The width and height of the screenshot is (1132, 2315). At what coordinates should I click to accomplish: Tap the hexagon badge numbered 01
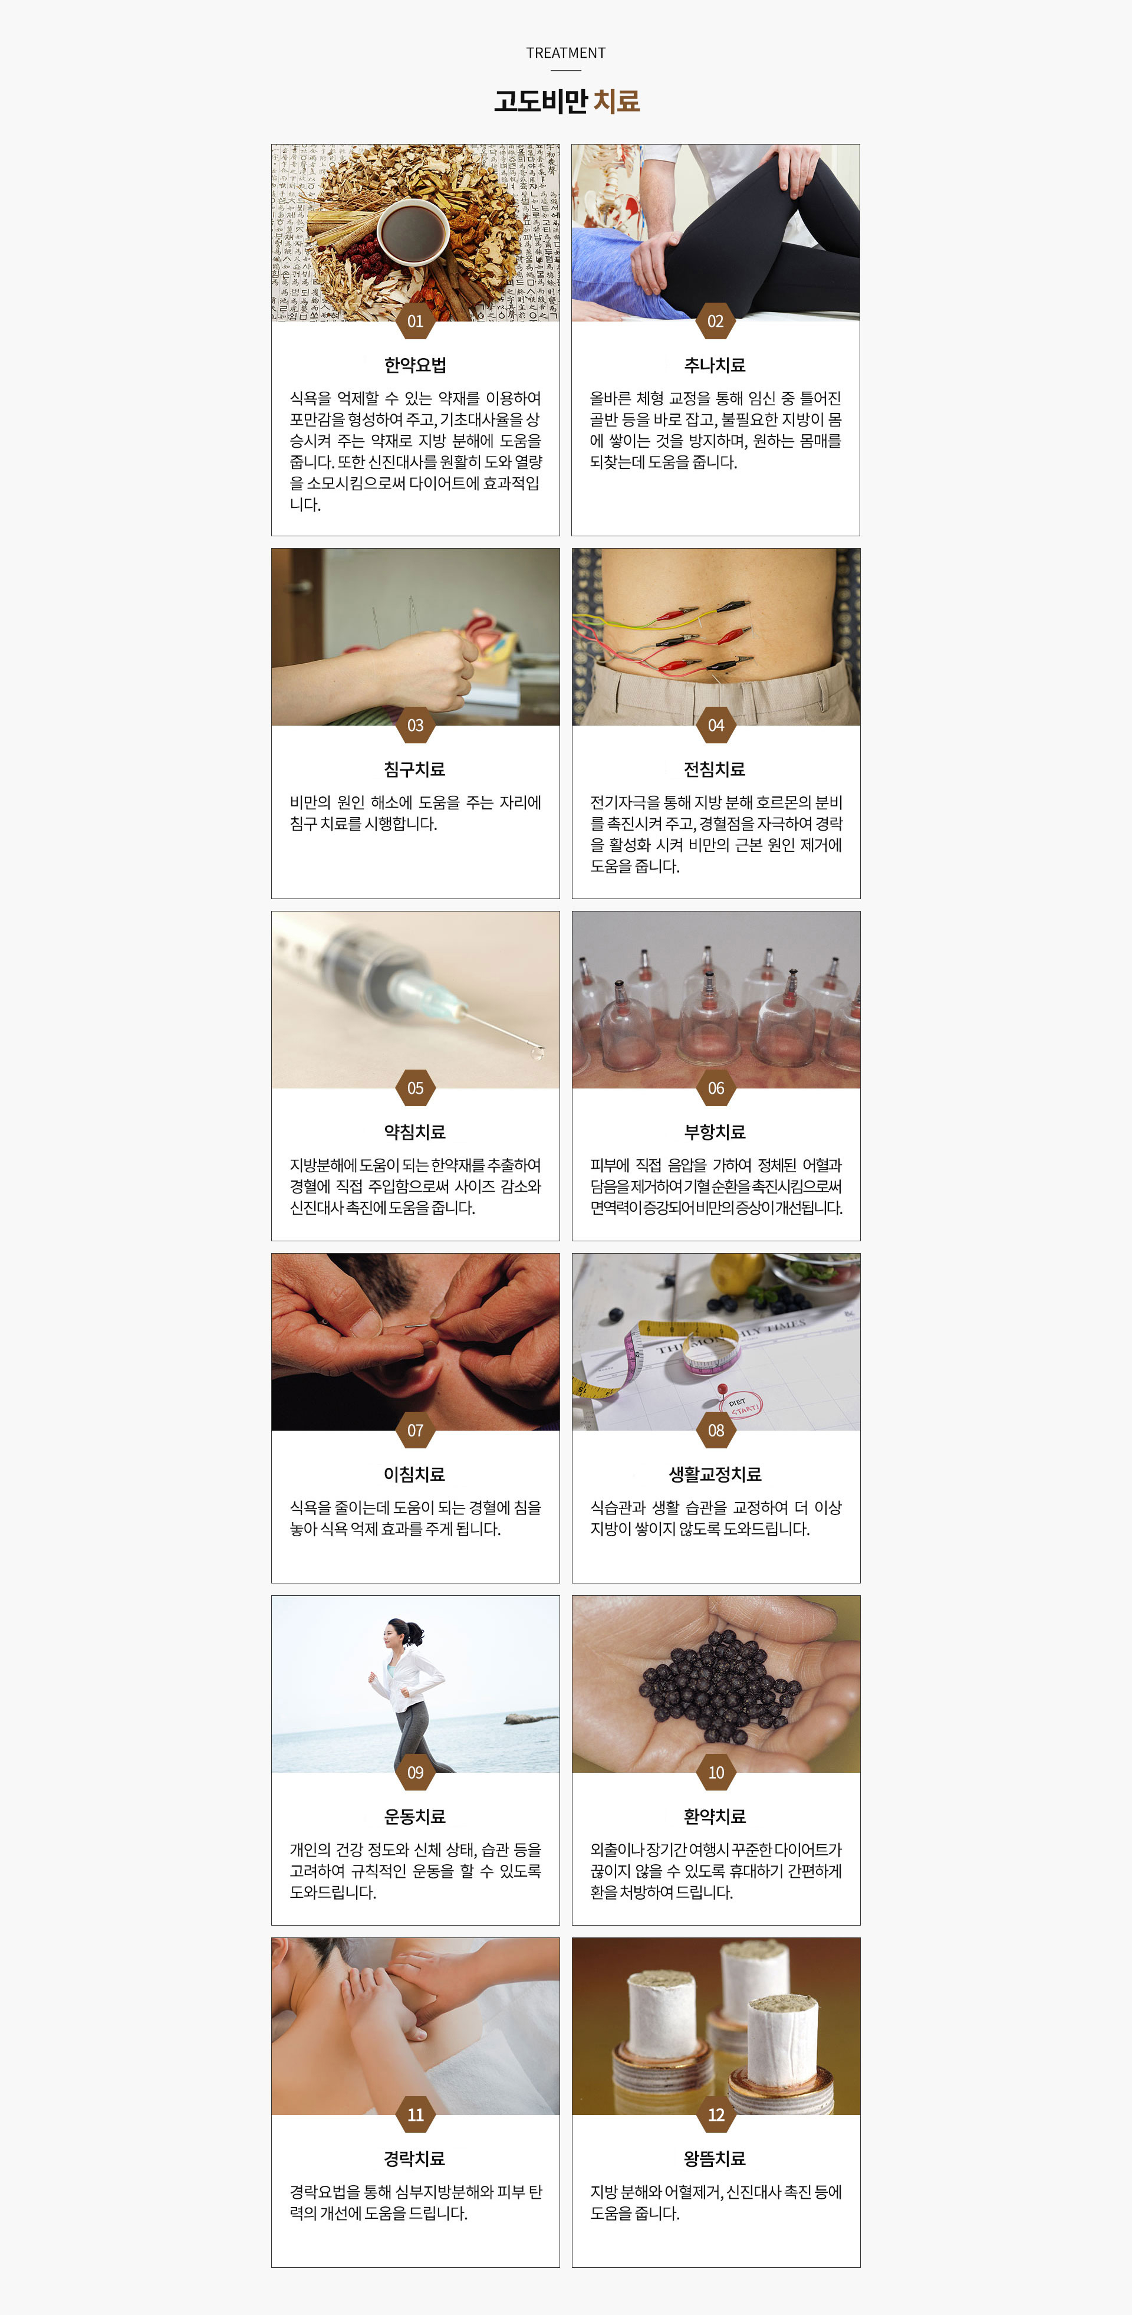point(415,321)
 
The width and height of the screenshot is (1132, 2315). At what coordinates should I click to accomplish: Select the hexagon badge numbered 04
point(715,725)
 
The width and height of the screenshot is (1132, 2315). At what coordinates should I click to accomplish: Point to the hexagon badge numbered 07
point(415,1430)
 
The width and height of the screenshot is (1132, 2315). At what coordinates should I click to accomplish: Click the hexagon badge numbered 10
point(715,1772)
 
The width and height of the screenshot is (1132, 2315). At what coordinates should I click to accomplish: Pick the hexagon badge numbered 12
point(715,2114)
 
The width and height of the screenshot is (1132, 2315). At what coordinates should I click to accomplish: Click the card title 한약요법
point(415,365)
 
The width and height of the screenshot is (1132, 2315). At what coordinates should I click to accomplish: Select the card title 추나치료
point(715,365)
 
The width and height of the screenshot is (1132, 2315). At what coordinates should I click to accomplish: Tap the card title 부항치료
point(715,1132)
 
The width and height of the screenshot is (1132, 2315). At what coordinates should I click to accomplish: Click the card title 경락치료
point(415,2159)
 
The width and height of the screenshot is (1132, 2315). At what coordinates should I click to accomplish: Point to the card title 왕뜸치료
point(715,2159)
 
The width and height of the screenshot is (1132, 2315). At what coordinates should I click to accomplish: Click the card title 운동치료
point(415,1816)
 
